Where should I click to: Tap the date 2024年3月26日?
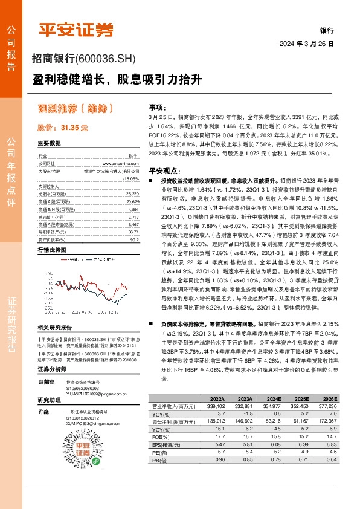(307, 44)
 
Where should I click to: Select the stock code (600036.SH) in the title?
(106, 59)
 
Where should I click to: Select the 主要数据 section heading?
(50, 144)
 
